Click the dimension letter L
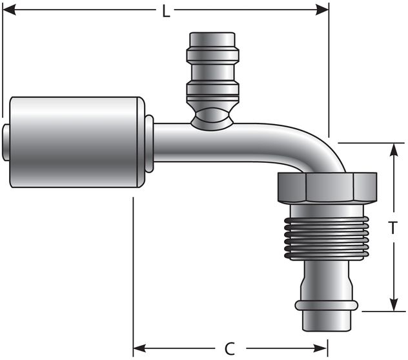166,11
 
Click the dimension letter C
229,349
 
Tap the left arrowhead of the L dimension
9,10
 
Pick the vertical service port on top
212,71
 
